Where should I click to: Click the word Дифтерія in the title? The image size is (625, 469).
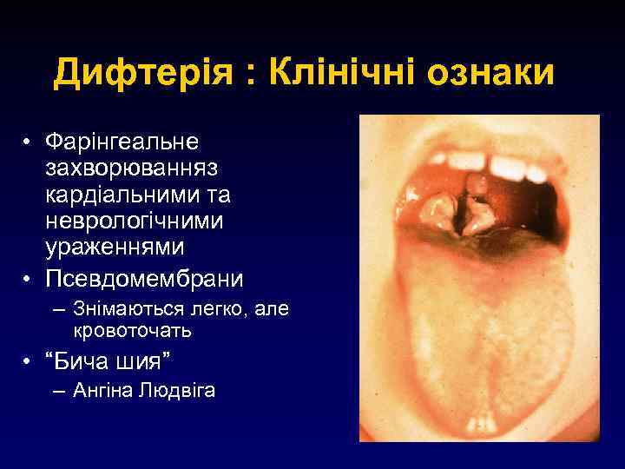click(142, 73)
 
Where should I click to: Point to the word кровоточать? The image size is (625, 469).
click(133, 331)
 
